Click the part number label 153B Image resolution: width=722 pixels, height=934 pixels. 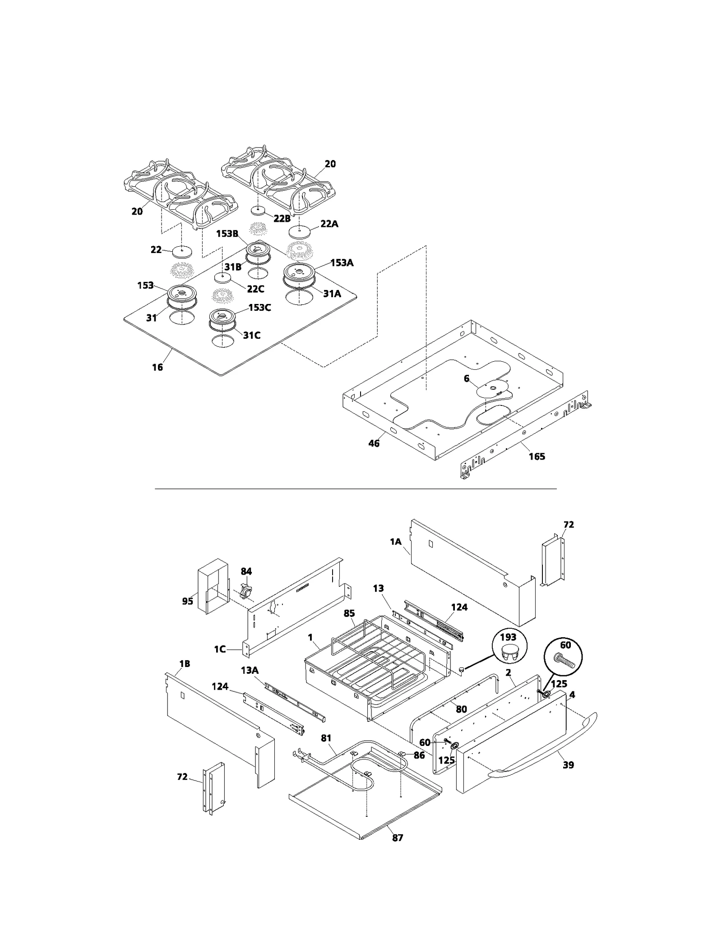point(227,234)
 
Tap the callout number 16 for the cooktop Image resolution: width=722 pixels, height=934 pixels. point(157,368)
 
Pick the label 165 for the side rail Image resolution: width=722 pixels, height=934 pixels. point(537,456)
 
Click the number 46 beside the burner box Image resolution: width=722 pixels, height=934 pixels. point(374,443)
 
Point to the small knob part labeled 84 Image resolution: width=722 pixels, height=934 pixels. point(246,589)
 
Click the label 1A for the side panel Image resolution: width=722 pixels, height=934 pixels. point(395,542)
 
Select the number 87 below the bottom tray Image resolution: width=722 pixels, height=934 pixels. point(397,837)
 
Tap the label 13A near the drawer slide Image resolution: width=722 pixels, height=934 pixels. point(249,670)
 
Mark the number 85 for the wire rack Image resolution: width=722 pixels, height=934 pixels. point(349,613)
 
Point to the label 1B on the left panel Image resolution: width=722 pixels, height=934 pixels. point(184,663)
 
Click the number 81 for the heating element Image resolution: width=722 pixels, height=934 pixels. point(326,738)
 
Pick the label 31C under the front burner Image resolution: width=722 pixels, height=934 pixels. point(251,336)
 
